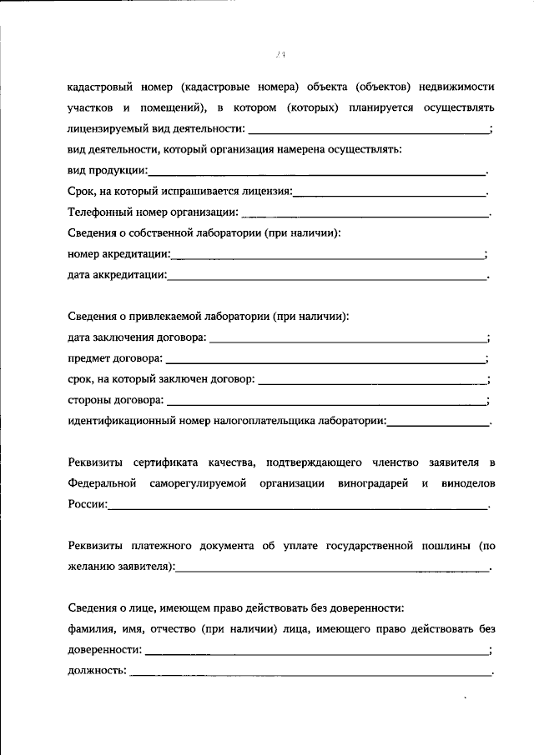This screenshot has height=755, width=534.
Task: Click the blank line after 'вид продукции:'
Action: pos(317,173)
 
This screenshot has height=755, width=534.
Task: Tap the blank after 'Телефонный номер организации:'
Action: pos(365,215)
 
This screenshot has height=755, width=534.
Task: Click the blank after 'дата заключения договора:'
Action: pos(349,340)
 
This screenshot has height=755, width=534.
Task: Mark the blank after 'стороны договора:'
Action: pos(327,402)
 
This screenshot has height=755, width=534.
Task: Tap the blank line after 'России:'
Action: pos(298,507)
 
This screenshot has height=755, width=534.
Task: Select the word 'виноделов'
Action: pos(466,484)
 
